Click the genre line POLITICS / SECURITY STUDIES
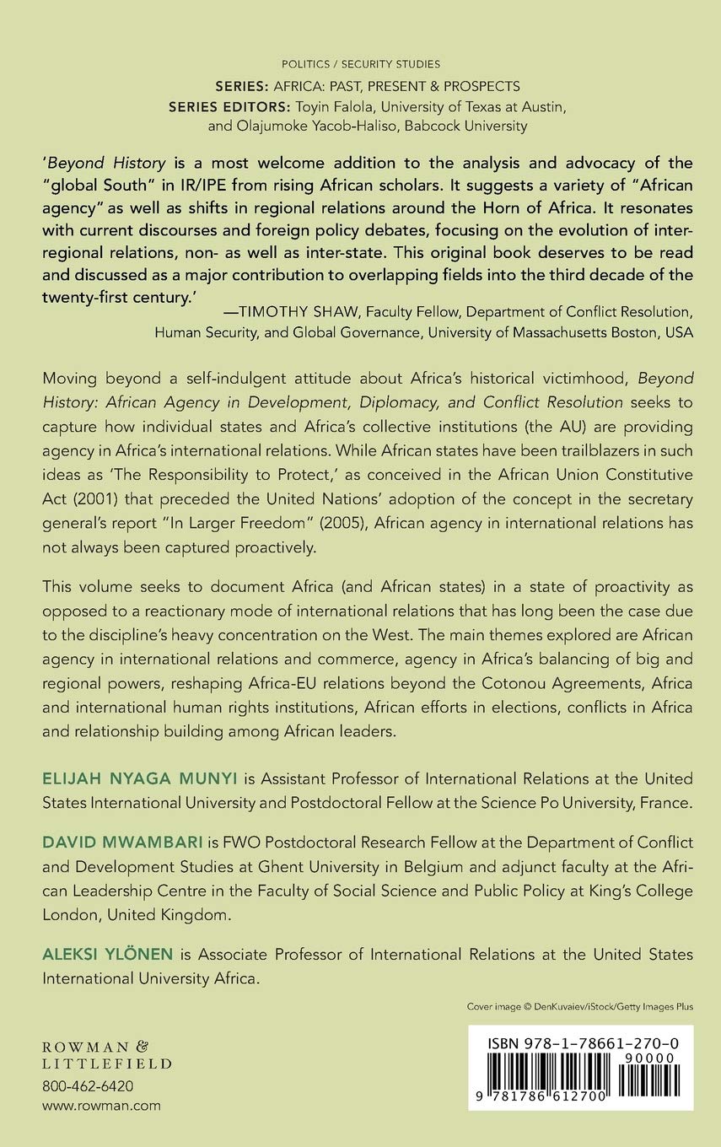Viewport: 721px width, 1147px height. point(361,64)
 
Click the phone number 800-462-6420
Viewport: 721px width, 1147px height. point(88,1086)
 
